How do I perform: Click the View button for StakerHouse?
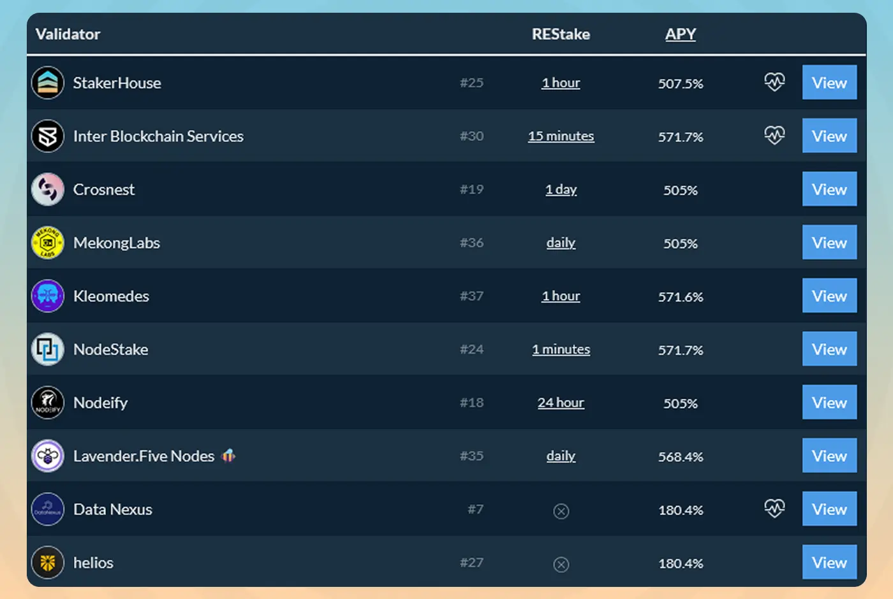(x=829, y=83)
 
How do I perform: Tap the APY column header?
(x=680, y=34)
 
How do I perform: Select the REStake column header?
(x=561, y=34)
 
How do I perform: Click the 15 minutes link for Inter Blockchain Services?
(x=561, y=136)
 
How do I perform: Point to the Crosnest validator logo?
(x=48, y=189)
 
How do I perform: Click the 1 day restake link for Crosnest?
(x=561, y=189)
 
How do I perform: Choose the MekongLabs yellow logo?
(x=48, y=243)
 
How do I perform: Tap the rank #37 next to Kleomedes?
(x=471, y=296)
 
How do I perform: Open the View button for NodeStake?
(x=829, y=349)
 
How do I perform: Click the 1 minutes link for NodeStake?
(x=561, y=349)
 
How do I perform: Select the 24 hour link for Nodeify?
(x=561, y=403)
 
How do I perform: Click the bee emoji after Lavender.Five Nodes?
(x=228, y=456)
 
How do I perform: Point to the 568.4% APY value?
(x=681, y=457)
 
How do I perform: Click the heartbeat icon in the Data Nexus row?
(x=774, y=509)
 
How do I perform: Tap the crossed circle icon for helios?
(x=561, y=565)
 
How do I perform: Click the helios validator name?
(x=93, y=563)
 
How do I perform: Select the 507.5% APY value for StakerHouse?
(x=681, y=83)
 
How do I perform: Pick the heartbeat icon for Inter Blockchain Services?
(x=774, y=135)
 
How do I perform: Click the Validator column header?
(x=68, y=34)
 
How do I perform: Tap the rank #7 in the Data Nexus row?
(x=475, y=509)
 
